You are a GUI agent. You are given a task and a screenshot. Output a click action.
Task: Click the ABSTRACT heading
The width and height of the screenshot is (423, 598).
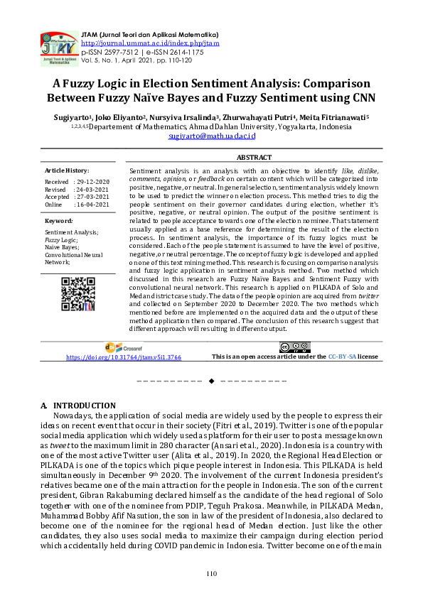[x=254, y=157]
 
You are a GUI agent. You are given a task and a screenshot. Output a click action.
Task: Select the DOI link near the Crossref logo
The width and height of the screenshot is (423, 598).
[x=123, y=357]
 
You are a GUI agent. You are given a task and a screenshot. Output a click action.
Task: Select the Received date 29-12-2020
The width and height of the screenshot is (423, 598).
[x=92, y=182]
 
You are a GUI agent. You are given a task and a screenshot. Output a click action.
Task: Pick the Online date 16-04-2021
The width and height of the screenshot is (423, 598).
[x=92, y=205]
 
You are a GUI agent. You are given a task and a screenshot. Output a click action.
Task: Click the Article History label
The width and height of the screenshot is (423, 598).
[x=67, y=170]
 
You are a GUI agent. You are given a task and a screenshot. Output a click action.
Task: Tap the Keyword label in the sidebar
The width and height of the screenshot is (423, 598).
[x=59, y=221]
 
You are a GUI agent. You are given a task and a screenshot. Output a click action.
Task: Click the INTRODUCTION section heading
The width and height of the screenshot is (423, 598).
[x=84, y=405]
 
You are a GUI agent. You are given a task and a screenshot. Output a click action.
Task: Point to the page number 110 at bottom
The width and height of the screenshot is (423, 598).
[x=211, y=573]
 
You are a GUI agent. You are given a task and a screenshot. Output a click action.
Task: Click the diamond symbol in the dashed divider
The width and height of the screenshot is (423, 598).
[x=211, y=382]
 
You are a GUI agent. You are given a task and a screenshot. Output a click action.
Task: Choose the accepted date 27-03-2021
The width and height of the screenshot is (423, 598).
[x=92, y=197]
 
